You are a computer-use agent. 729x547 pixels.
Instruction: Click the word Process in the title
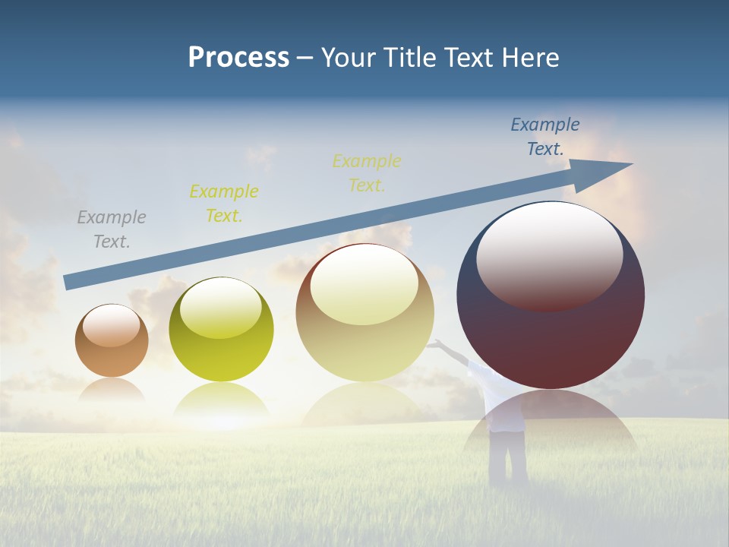coord(238,58)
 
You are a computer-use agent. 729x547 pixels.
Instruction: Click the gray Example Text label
coord(112,229)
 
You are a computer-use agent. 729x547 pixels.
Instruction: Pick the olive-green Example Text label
coord(224,203)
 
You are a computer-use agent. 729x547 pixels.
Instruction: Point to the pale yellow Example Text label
coord(367,172)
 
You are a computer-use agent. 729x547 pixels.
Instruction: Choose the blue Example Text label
coord(545,137)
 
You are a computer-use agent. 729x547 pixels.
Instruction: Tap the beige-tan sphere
coord(365,342)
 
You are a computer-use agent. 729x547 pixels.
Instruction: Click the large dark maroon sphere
coord(551,342)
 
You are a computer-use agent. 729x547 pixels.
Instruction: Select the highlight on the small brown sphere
coord(112,326)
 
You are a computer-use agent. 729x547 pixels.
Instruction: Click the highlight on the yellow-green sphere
coord(221,308)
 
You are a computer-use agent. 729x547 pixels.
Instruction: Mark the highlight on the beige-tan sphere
coord(364,285)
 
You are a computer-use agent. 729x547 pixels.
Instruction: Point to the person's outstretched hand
coord(434,344)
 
